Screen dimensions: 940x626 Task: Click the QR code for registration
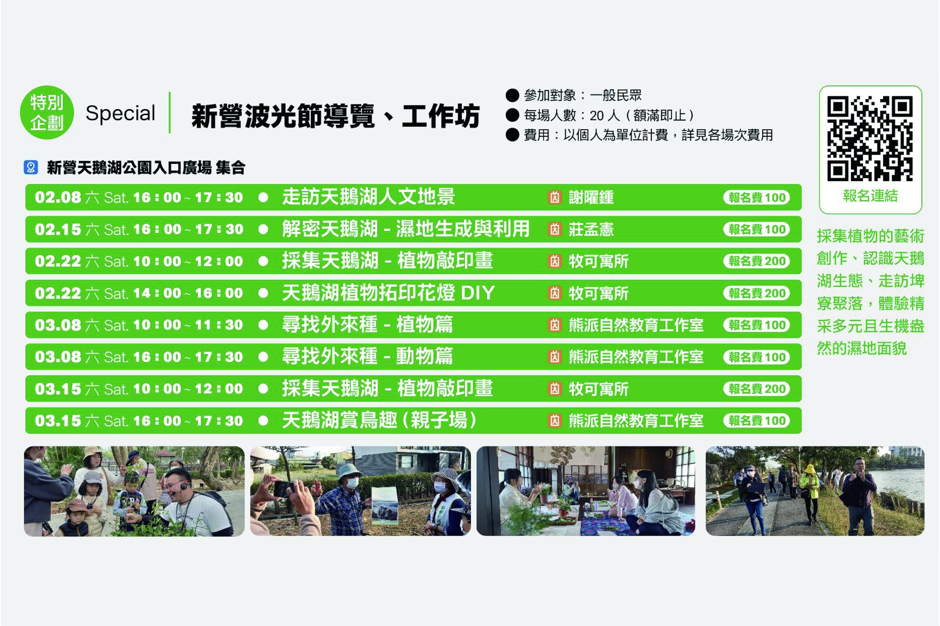point(870,138)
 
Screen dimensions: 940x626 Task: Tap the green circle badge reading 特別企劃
point(47,112)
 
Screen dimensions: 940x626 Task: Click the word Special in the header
point(120,113)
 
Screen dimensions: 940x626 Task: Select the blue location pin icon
point(31,167)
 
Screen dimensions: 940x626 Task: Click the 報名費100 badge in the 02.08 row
point(756,198)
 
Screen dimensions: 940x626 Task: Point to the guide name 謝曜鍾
point(591,198)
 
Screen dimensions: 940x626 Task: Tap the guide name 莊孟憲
point(591,229)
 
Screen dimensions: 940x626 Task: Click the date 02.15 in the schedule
point(58,229)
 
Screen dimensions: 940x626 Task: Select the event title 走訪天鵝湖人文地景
point(369,197)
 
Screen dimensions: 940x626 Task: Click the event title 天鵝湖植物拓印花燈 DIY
point(388,293)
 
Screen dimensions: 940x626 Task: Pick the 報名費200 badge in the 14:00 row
point(756,293)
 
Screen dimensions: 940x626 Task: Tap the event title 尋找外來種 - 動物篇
point(367,356)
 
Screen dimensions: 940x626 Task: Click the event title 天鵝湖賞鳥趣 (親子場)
point(379,420)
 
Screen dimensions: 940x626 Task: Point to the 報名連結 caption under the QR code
point(870,196)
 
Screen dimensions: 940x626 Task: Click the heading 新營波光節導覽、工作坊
point(336,116)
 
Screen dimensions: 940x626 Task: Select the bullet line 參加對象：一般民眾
point(574,95)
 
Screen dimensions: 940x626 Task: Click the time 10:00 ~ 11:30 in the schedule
point(188,325)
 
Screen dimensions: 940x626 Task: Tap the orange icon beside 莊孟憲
point(555,229)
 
